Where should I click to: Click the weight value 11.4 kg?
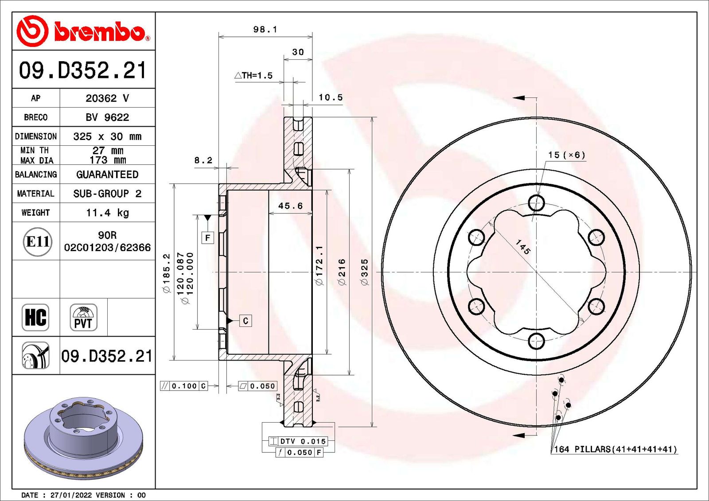pos(107,213)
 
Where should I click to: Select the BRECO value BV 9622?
pos(107,117)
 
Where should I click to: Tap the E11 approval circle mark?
pos(37,242)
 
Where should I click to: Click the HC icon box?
pos(35,317)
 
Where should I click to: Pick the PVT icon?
pos(83,318)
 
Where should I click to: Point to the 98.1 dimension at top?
pos(265,29)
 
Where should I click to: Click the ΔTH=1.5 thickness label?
pos(253,76)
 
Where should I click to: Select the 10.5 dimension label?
pos(331,97)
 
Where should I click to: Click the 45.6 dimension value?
pos(290,206)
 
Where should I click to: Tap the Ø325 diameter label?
pos(364,272)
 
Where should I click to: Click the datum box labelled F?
pos(207,238)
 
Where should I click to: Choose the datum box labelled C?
pos(245,321)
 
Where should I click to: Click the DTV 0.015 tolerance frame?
pos(298,441)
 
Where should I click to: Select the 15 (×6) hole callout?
pos(566,155)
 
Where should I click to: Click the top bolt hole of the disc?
pos(536,203)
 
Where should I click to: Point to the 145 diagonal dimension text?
pos(523,247)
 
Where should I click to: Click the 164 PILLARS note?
pos(616,449)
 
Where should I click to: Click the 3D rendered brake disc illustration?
pos(83,439)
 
